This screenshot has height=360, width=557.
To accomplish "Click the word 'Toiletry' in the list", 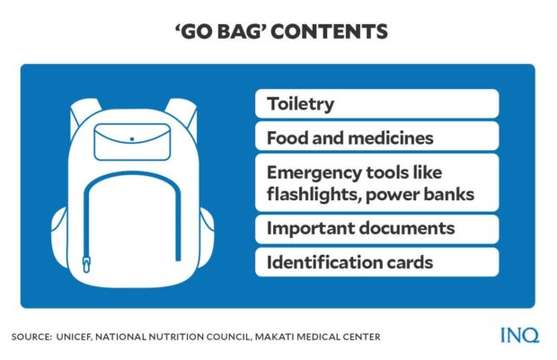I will point(300,103).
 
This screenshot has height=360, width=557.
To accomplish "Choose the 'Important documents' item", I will point(360,229).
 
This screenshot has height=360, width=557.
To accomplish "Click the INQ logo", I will point(520,337).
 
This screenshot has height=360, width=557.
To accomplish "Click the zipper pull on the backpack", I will point(87,264).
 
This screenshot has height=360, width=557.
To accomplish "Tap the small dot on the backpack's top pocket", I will point(131,139).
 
